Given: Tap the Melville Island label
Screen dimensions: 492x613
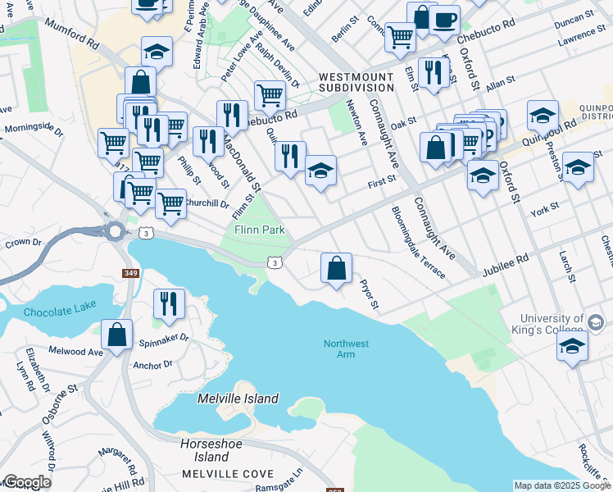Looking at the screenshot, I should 238,399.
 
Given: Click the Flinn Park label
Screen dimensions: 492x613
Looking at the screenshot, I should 260,230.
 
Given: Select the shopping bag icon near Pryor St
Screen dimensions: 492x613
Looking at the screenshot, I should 336,268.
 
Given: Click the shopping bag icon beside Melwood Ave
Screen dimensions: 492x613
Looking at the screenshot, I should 117,335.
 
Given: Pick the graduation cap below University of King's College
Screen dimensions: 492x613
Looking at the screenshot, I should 573,346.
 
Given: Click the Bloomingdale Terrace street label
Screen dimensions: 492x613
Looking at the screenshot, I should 418,243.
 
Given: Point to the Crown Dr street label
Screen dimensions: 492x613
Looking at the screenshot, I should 23,243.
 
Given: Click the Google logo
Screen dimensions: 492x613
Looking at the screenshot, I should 27,482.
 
